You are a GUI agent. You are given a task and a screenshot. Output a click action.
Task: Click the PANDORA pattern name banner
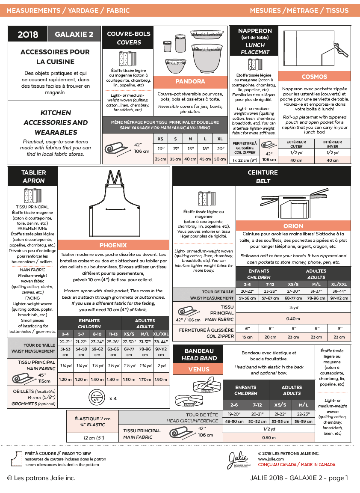pos(190,81)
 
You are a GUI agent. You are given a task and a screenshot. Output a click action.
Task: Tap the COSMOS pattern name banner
pos(314,77)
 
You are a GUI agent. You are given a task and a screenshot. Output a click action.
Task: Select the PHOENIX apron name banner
pos(113,245)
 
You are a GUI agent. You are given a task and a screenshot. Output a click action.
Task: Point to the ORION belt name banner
pos(293,226)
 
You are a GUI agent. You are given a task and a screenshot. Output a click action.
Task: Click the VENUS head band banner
pos(199,369)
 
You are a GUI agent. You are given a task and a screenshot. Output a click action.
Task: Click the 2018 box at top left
pos(28,35)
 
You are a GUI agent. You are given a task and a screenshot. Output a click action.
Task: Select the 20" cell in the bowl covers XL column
pos(220,148)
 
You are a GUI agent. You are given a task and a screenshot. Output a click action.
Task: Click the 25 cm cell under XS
pos(160,159)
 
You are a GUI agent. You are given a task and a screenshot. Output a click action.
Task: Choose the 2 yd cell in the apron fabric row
pos(161,366)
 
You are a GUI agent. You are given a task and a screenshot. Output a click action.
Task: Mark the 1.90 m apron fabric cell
pos(161,379)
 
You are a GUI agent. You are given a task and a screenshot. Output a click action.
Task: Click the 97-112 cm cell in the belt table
pos(340,298)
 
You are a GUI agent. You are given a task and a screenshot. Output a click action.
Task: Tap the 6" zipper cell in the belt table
pos(248,328)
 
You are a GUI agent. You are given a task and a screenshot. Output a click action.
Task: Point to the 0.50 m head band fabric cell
pos(269,437)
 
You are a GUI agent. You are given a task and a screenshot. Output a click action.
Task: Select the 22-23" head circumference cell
pos(304,414)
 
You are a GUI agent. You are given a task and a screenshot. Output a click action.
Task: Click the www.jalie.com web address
pos(271,459)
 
